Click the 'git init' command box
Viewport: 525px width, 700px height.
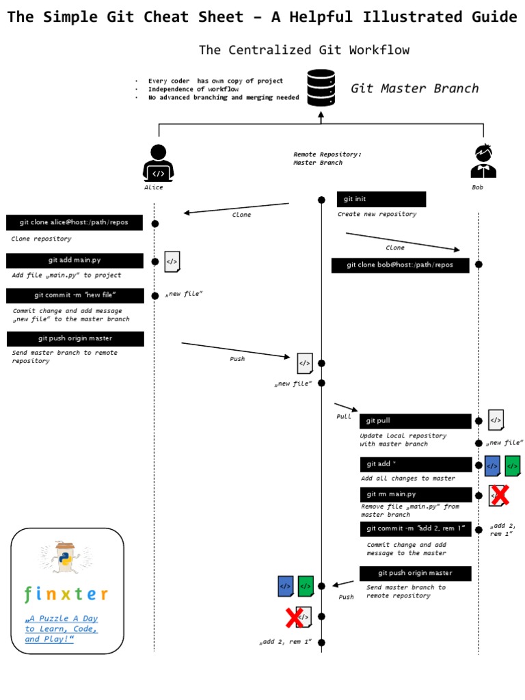point(381,199)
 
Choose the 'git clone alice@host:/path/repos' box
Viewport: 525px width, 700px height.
point(75,222)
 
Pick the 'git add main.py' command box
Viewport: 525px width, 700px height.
point(75,260)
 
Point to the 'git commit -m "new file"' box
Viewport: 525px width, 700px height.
point(75,295)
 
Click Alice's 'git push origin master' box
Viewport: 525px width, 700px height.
point(75,338)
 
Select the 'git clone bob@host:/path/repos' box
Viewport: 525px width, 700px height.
point(400,265)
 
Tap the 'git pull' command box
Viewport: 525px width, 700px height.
point(415,421)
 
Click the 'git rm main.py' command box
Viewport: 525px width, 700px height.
point(415,494)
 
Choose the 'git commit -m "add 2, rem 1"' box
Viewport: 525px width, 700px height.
point(415,529)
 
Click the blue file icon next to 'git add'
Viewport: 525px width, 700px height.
point(492,466)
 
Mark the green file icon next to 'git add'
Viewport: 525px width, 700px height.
point(512,466)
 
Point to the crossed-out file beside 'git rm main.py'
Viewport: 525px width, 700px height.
point(498,496)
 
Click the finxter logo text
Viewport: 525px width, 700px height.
point(66,593)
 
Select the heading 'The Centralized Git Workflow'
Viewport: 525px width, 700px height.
point(304,50)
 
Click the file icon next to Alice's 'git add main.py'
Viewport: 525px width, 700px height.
point(172,261)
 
